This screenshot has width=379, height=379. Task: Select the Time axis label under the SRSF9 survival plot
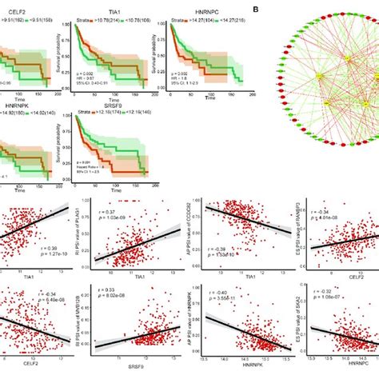point(115,192)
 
